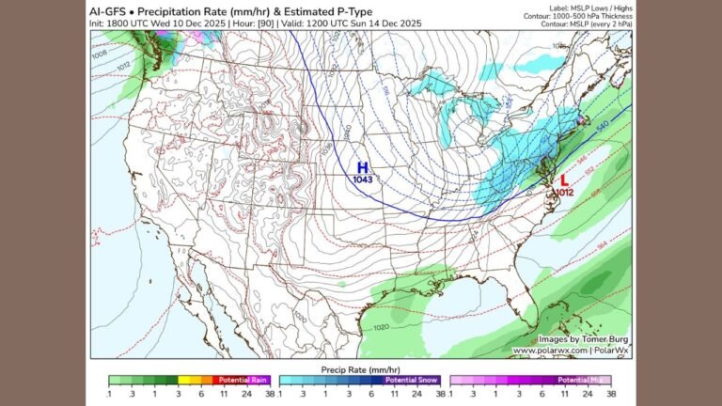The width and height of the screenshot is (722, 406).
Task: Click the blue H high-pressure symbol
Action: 362,166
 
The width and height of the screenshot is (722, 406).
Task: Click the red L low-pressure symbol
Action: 564,180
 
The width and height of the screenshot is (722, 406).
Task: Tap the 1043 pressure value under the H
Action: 362,179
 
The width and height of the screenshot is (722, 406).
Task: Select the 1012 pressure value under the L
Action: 564,192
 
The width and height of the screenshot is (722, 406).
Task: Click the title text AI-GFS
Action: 110,9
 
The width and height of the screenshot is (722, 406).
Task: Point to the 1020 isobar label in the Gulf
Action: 381,328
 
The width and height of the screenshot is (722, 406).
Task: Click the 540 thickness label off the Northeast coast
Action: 603,124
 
